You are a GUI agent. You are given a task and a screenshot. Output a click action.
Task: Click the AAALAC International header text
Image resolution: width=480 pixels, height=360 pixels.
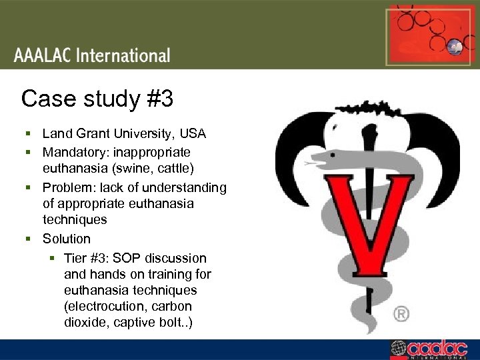coord(92,55)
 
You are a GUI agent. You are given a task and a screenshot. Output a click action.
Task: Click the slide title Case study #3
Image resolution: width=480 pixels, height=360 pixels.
coord(97,99)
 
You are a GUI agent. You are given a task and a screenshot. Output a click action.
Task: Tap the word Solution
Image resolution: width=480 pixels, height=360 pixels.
coord(67,239)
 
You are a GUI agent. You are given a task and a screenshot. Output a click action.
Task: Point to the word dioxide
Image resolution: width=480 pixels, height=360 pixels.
coord(84,323)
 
